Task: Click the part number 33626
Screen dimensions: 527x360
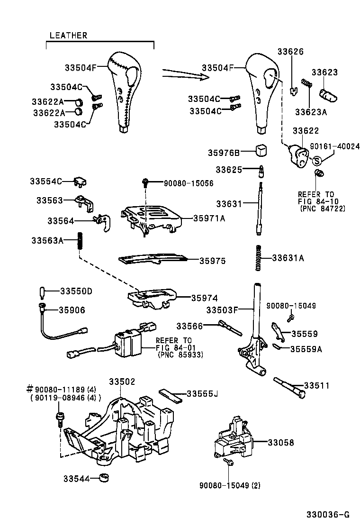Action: [x=290, y=52]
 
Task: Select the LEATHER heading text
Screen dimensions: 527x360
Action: [x=69, y=36]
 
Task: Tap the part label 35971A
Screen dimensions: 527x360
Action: [x=209, y=218]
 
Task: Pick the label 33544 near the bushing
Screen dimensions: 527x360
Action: [x=76, y=478]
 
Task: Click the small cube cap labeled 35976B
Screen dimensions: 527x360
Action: [x=262, y=150]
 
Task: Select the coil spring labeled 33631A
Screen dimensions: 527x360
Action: [x=258, y=258]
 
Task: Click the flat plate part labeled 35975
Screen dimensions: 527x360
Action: [x=152, y=258]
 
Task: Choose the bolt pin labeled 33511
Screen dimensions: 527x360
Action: [x=288, y=387]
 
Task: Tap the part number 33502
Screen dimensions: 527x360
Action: [x=122, y=382]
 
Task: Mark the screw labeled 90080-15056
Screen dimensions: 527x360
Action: [x=146, y=182]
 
